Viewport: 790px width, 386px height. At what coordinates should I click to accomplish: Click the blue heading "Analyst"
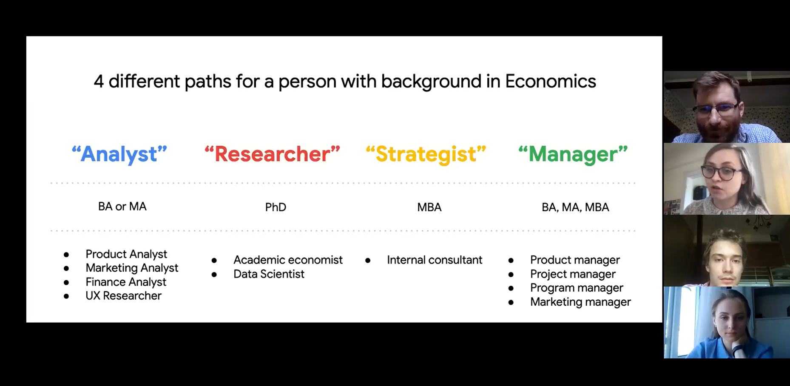(119, 154)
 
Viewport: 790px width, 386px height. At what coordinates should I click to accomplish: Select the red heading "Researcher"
(272, 154)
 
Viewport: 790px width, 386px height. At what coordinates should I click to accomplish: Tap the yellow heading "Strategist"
(426, 154)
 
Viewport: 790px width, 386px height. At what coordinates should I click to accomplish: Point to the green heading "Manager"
(573, 154)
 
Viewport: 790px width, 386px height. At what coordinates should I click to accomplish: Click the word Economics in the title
(550, 81)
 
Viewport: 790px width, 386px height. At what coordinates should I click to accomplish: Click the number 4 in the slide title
(99, 81)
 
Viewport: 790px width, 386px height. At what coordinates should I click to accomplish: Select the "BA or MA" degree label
(122, 207)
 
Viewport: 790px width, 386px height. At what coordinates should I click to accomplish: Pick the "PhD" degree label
(276, 207)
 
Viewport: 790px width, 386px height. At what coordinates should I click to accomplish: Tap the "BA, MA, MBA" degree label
(575, 207)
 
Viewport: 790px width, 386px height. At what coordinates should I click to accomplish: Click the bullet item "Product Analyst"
(126, 254)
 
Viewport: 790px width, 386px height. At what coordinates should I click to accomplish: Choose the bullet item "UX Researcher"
(123, 296)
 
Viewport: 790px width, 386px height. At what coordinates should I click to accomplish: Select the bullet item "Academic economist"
(288, 260)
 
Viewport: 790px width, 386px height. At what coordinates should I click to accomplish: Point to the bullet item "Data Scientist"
(269, 274)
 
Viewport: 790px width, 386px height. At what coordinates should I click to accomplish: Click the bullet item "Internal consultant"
(435, 260)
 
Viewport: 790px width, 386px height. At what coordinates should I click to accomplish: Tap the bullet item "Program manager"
(577, 288)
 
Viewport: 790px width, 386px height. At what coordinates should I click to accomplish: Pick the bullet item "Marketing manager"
(580, 302)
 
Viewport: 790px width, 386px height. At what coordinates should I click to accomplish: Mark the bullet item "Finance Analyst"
(126, 282)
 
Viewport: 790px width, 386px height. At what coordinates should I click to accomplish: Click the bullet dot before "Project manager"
(511, 275)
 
